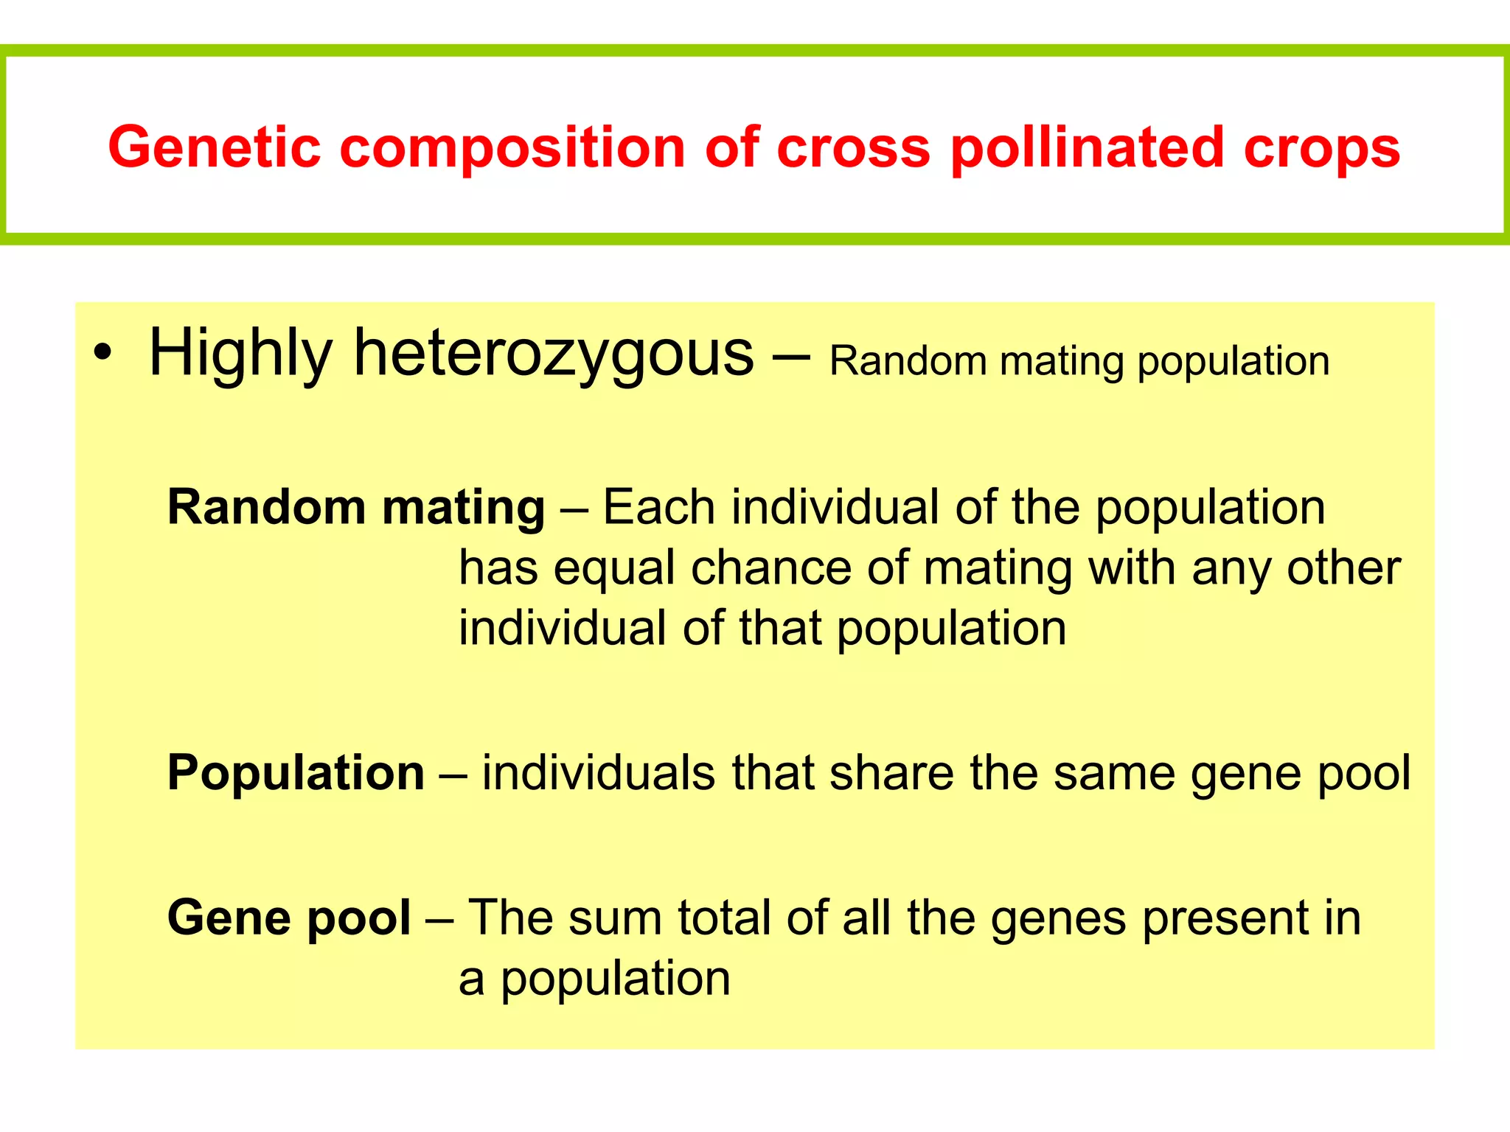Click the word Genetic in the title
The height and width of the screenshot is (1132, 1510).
pos(215,147)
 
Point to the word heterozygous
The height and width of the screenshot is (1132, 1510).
pos(554,354)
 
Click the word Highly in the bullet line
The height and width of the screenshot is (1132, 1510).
pos(240,354)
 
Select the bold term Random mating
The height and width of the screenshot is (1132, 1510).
pos(356,509)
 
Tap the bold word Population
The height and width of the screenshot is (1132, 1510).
pos(296,773)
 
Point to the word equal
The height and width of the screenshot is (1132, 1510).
pos(614,569)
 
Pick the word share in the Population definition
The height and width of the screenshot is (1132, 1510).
pos(891,773)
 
